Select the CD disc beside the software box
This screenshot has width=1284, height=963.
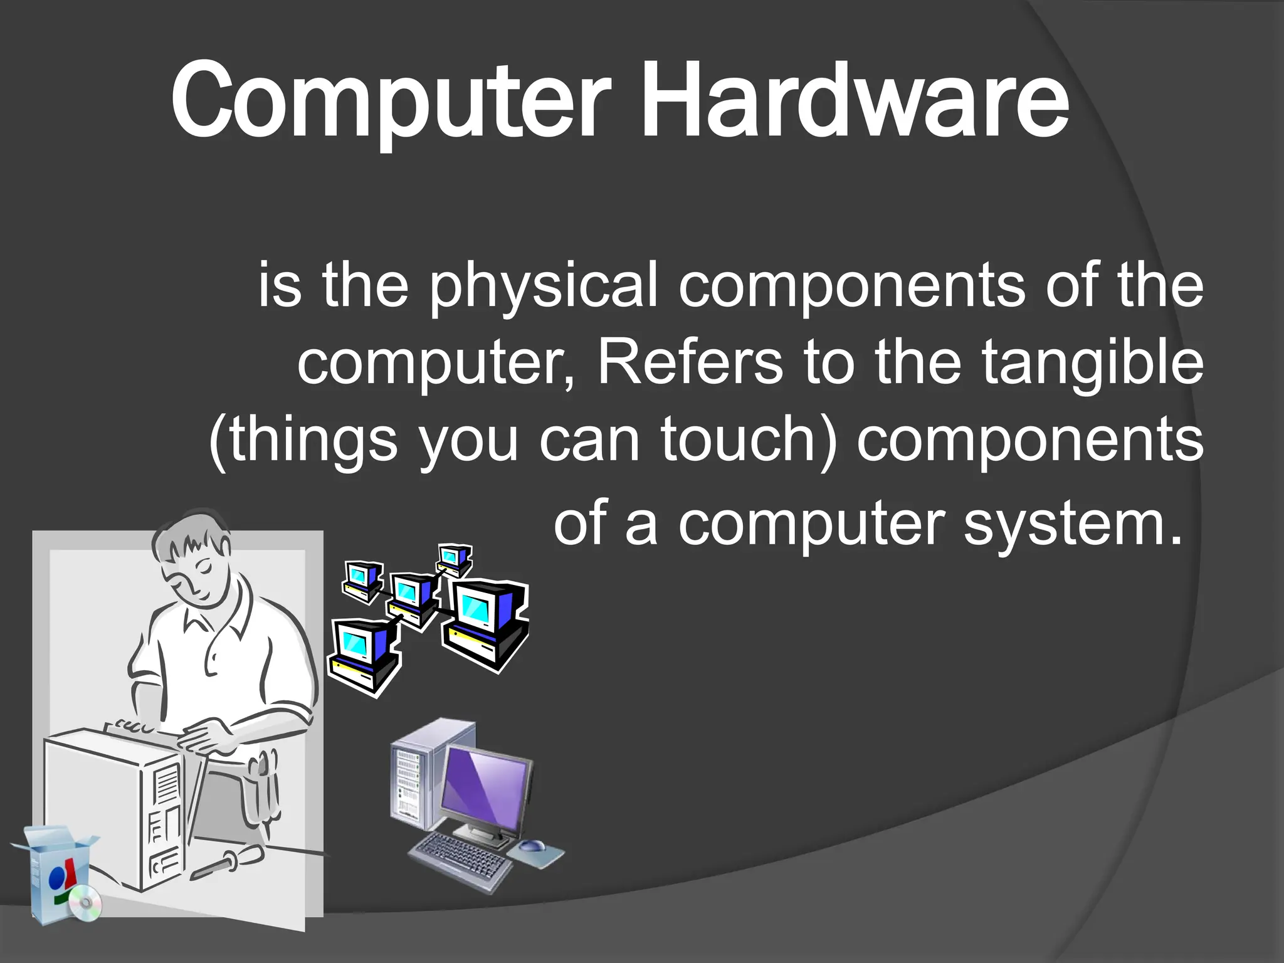[x=85, y=903]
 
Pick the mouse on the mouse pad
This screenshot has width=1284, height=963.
[x=532, y=845]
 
